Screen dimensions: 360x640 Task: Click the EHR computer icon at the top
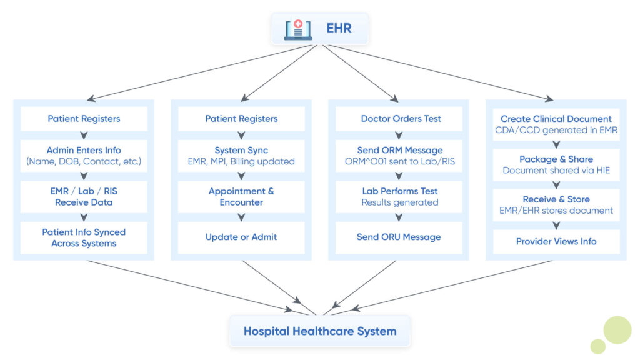tap(298, 29)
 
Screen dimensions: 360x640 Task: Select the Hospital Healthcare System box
tap(319, 331)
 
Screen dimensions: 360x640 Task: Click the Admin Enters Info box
tap(84, 156)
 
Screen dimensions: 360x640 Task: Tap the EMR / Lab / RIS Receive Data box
tap(84, 197)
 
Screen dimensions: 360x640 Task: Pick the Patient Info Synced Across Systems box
tap(84, 237)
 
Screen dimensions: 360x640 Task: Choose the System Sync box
tap(241, 156)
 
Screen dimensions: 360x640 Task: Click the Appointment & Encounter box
tap(241, 197)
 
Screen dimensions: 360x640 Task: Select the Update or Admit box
tap(241, 237)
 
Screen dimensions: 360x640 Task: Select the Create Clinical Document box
tap(556, 124)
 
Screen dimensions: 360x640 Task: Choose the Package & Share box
tap(556, 164)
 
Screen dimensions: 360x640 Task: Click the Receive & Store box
tap(556, 205)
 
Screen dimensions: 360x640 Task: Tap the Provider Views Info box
tap(556, 241)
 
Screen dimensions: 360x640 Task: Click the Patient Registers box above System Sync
tap(241, 119)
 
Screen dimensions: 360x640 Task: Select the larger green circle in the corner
tap(617, 330)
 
